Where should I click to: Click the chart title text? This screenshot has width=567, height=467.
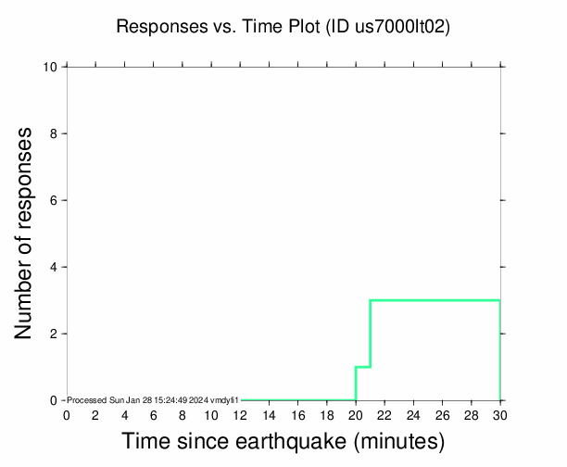pos(283,27)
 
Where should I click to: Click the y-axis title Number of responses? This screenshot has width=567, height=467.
pos(28,233)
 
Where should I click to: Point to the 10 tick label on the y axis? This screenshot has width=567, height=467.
pos(51,67)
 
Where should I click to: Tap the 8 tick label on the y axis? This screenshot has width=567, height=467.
pos(55,133)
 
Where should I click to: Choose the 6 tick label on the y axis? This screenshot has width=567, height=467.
pos(55,200)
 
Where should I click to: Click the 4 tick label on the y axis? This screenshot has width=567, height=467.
pos(55,267)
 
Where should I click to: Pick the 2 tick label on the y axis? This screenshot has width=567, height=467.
pos(55,334)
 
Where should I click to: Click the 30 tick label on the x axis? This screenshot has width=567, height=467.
pos(500,414)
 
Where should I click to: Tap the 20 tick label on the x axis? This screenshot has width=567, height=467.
pos(356,414)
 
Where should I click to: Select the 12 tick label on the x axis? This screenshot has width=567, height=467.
pos(240,414)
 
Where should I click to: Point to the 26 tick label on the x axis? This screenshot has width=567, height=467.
pos(443,414)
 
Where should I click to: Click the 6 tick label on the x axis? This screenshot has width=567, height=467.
pos(153,414)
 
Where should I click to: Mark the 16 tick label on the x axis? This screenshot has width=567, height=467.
pos(297,414)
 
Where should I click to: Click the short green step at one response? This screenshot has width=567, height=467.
pos(363,367)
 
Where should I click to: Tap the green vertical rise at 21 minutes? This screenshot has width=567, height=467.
pos(371,334)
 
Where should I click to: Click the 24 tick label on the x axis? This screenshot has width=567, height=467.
pos(413,414)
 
